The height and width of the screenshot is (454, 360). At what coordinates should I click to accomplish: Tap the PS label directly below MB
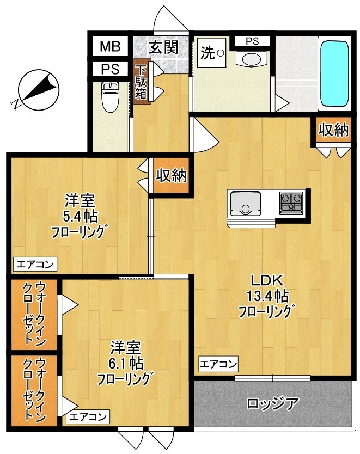pos(109,70)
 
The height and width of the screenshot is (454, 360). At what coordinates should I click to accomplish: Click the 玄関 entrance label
pos(163,47)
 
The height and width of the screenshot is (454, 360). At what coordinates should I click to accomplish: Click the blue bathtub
pos(334,73)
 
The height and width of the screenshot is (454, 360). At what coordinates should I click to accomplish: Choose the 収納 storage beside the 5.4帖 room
pos(172,175)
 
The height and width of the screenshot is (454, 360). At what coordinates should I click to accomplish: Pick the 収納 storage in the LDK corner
pos(333,131)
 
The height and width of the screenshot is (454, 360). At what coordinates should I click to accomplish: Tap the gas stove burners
pos(291,202)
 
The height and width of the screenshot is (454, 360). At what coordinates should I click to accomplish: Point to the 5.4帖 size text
pos(80,216)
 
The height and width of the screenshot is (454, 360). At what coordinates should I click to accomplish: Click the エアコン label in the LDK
pos(218,363)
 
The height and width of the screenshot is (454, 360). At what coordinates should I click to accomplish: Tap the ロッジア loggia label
pos(272,404)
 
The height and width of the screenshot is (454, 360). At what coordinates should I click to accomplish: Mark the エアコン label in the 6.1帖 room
pos(88,418)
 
